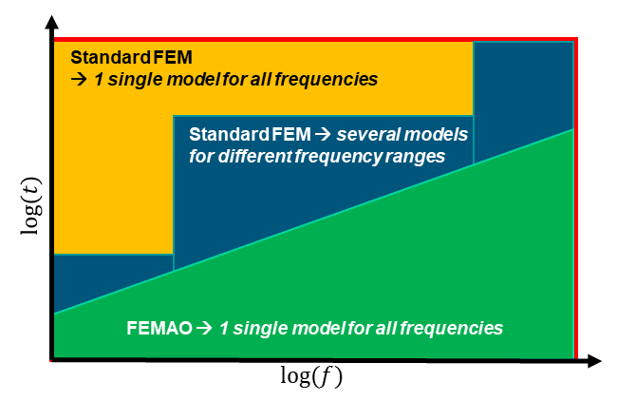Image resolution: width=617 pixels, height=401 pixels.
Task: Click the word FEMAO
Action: click(x=159, y=329)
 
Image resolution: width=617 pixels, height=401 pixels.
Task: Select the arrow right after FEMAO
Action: click(x=204, y=329)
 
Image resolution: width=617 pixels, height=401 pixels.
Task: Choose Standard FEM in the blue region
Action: click(x=251, y=134)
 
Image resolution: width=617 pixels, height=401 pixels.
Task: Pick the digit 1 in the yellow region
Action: click(x=99, y=79)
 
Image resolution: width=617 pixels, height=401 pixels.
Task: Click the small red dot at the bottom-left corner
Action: click(x=50, y=361)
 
